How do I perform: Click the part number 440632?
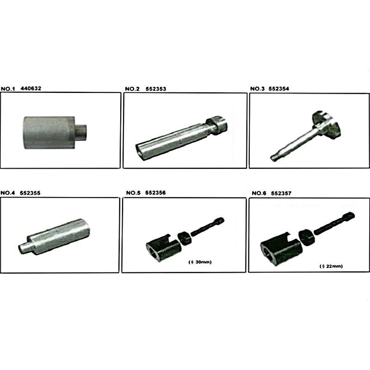31,88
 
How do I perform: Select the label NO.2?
132,89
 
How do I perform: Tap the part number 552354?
279,89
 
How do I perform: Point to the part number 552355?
30,193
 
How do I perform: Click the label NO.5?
133,193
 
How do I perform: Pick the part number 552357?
281,193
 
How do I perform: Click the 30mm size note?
200,262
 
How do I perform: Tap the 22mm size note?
331,266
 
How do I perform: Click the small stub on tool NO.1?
81,132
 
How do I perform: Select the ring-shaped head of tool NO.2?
217,125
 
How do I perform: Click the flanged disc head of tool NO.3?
327,124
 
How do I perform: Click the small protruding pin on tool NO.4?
24,247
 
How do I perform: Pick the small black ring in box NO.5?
185,238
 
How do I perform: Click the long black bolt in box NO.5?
207,227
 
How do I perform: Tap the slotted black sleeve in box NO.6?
281,249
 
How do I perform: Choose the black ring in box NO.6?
306,238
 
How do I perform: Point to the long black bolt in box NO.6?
334,223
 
